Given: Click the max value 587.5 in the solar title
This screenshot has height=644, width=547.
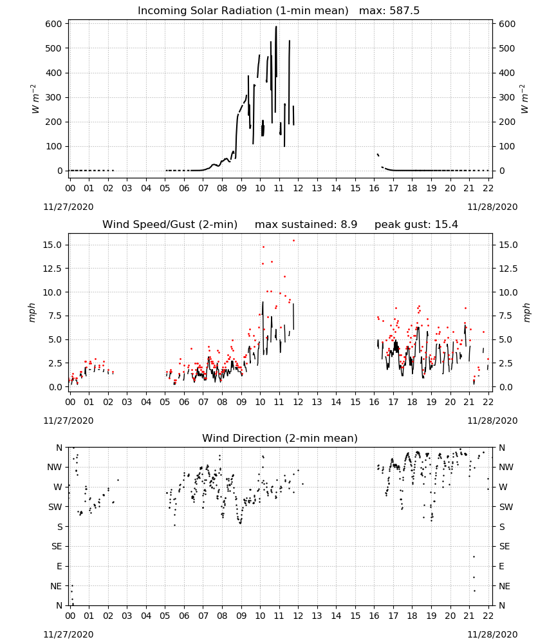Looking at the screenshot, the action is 404,11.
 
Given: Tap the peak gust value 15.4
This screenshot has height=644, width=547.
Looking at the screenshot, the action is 445,225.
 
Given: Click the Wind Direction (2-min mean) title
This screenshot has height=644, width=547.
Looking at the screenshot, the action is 280,438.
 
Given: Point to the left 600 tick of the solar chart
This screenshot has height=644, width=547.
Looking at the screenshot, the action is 54,24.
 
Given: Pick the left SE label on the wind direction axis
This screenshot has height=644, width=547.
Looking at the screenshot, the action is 57,547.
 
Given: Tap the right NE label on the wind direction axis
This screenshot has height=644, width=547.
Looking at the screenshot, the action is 505,587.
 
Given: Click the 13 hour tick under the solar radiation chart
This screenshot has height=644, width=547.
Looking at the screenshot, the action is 317,188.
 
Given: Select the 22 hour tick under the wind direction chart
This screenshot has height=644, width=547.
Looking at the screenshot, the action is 488,616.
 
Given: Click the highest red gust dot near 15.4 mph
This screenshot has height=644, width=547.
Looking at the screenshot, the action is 293,241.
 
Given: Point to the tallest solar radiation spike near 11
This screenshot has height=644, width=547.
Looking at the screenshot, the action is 276,27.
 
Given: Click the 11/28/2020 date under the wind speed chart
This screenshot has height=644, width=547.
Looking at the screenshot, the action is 492,421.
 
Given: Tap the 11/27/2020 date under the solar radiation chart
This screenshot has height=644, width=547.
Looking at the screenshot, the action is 68,207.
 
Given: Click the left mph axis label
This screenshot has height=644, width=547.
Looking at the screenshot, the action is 32,312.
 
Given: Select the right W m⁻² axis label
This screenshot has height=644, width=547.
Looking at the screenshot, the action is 525,99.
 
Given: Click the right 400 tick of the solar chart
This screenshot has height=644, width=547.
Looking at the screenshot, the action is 507,73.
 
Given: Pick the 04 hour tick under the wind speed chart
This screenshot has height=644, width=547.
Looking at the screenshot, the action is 146,402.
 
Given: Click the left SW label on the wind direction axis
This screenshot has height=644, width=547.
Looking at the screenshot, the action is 55,507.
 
